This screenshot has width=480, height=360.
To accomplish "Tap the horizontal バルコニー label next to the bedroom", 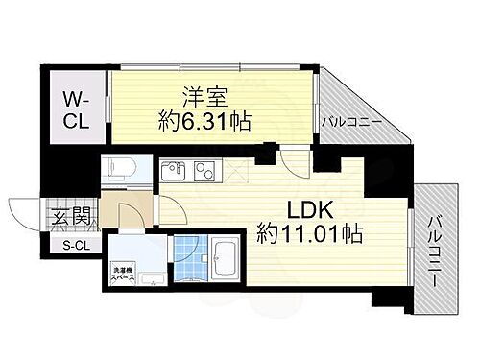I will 352,123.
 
